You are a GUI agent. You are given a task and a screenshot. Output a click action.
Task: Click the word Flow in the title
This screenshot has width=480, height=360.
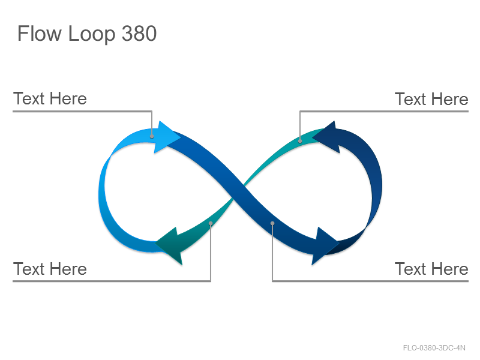(x=39, y=34)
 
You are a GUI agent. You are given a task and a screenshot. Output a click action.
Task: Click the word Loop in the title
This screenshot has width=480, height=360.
(x=92, y=34)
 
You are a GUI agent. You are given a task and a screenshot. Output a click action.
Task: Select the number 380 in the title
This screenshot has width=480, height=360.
(x=139, y=34)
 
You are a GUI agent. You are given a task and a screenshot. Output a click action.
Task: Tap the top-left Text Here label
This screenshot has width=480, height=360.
(x=50, y=98)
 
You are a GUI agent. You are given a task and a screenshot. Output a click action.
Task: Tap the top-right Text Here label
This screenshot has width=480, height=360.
(x=431, y=99)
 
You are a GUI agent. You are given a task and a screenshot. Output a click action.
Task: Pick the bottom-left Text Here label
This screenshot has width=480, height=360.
(x=50, y=269)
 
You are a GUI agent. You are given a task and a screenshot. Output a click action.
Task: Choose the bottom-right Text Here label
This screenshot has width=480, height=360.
(x=431, y=269)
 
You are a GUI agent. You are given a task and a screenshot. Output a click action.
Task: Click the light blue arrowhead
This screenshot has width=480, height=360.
(x=166, y=137)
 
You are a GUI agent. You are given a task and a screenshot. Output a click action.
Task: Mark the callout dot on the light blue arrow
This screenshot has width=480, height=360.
(x=152, y=137)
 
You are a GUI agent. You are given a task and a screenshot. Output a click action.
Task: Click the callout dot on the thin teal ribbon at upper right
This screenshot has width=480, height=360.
(x=300, y=141)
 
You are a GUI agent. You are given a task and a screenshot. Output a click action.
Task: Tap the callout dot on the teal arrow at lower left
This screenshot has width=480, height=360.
(x=211, y=223)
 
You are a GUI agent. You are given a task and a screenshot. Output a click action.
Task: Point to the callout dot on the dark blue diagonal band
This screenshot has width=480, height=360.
(x=272, y=223)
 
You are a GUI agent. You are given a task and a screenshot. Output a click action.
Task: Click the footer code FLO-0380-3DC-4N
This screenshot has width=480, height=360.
(x=434, y=348)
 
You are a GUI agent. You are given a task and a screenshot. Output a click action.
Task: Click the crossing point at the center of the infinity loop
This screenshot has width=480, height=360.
(x=239, y=191)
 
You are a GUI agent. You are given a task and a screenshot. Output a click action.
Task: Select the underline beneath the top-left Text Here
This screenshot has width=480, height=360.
(x=82, y=111)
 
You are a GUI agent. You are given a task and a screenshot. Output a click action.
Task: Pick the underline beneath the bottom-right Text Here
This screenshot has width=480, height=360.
(x=370, y=281)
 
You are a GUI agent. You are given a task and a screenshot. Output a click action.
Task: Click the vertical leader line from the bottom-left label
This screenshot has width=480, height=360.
(x=211, y=252)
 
